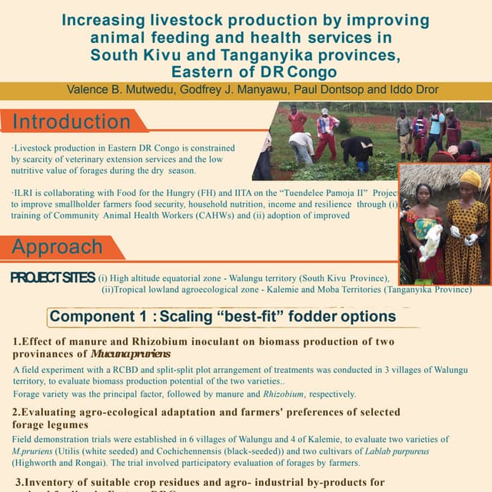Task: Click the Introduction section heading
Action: point(71,121)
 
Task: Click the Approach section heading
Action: point(58,248)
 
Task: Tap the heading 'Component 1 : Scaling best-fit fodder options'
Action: point(223,317)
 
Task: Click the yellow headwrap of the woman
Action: point(470,178)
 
